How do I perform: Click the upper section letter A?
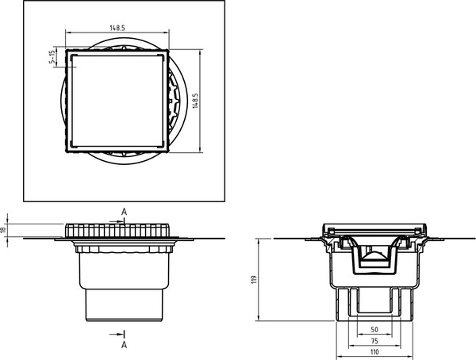pyautogui.click(x=124, y=211)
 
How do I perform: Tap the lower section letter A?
pyautogui.click(x=124, y=345)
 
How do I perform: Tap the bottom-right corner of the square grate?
pyautogui.click(x=167, y=148)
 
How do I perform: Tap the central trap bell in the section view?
pyautogui.click(x=375, y=259)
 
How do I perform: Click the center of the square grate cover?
pyautogui.click(x=117, y=101)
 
